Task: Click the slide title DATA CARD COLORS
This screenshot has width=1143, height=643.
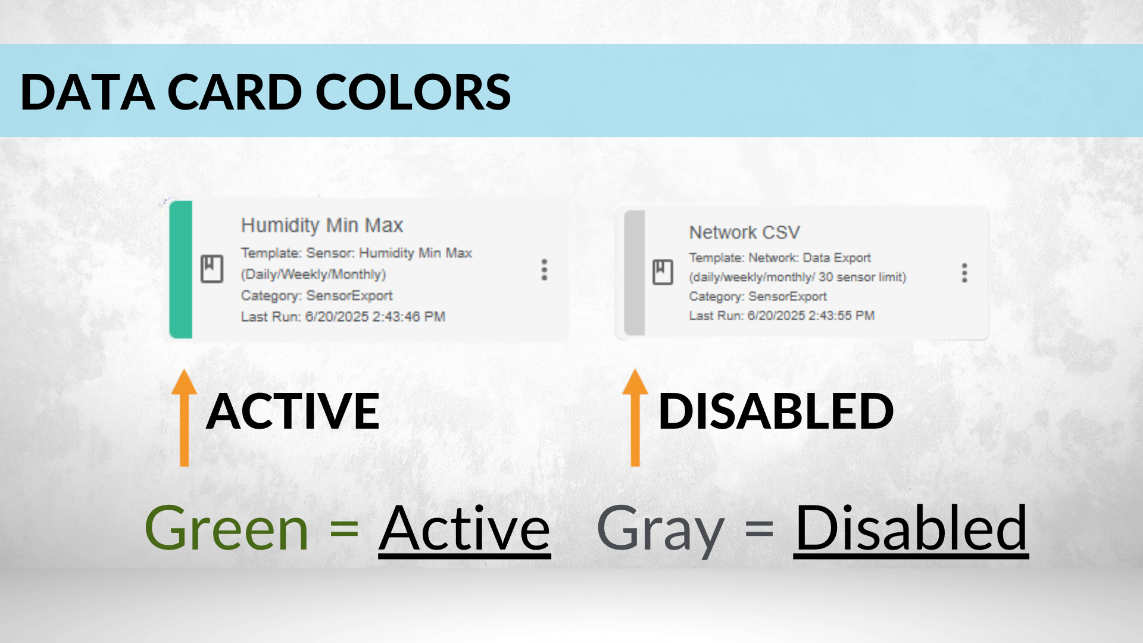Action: pyautogui.click(x=266, y=92)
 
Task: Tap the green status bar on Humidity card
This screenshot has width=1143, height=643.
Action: pyautogui.click(x=181, y=269)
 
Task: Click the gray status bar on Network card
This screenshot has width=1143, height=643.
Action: pyautogui.click(x=635, y=273)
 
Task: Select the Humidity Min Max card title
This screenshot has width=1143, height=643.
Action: pyautogui.click(x=322, y=225)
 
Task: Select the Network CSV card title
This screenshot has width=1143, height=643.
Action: pyautogui.click(x=745, y=232)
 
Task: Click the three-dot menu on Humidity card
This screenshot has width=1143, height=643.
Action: pyautogui.click(x=544, y=270)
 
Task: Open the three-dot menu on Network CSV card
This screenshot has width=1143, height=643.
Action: pyautogui.click(x=964, y=273)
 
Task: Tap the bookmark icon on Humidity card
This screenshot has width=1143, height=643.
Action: pyautogui.click(x=211, y=269)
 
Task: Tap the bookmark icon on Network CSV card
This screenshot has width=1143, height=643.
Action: pyautogui.click(x=663, y=272)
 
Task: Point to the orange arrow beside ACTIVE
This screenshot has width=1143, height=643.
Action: pyautogui.click(x=185, y=417)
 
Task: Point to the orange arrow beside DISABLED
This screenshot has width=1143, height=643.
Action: pyautogui.click(x=635, y=417)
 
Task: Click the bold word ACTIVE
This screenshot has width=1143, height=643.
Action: pyautogui.click(x=293, y=411)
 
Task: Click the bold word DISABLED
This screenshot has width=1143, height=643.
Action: pyautogui.click(x=776, y=411)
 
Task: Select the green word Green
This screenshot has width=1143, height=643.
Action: pyautogui.click(x=227, y=527)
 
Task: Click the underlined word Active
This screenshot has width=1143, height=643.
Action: pyautogui.click(x=465, y=529)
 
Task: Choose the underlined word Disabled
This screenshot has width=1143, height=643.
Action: pyautogui.click(x=911, y=529)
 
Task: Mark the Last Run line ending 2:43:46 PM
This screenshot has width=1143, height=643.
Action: pyautogui.click(x=343, y=317)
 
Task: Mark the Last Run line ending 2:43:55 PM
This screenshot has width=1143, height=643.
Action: pyautogui.click(x=782, y=316)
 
